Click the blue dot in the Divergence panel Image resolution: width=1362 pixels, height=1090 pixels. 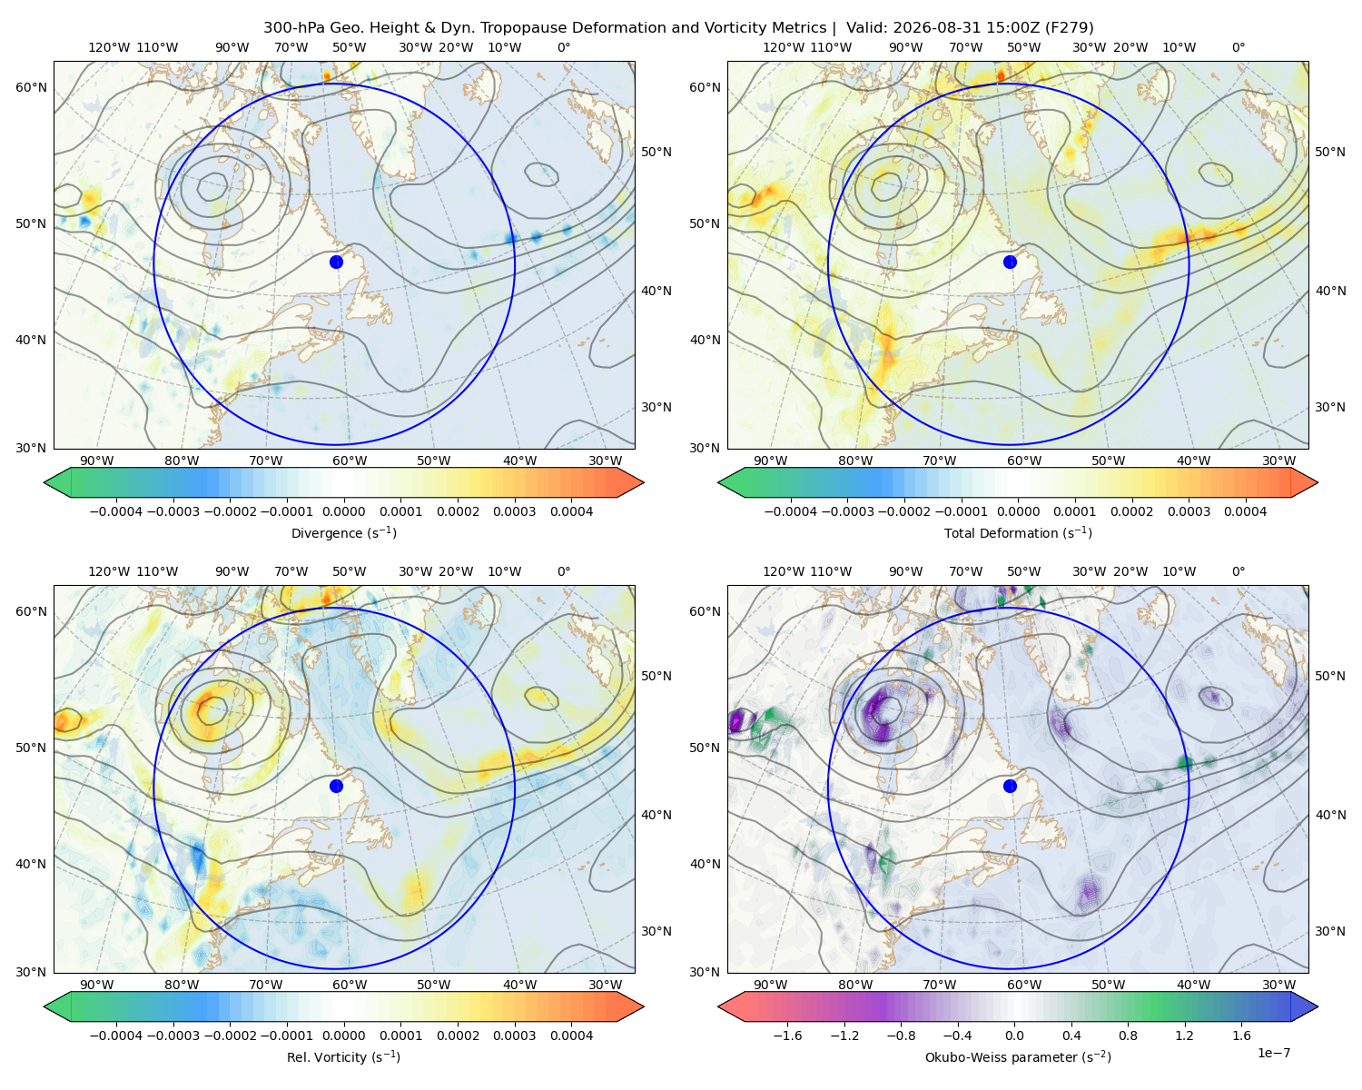tap(336, 262)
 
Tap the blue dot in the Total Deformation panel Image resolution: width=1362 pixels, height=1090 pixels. tap(1010, 262)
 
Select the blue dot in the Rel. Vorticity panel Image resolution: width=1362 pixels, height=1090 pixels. tap(336, 786)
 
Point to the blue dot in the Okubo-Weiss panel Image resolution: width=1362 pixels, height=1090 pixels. tap(1010, 786)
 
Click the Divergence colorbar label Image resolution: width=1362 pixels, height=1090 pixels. tap(343, 532)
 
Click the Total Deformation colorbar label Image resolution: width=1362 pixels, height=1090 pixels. tap(1018, 532)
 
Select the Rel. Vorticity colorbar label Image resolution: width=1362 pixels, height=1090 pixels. tap(343, 1057)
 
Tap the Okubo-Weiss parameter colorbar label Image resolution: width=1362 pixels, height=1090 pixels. tap(1018, 1057)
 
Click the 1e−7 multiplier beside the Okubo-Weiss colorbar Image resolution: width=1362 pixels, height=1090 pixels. tap(1273, 1053)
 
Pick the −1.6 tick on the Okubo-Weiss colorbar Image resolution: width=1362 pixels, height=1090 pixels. tap(787, 1035)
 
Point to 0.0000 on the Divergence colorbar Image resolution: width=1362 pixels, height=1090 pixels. tap(343, 511)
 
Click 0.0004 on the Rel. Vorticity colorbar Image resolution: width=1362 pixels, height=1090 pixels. tap(571, 1035)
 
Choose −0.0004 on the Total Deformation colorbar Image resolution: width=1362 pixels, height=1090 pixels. tap(790, 511)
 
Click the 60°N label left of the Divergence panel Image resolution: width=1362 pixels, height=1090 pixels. tap(31, 87)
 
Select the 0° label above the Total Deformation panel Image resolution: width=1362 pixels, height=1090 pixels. tap(1238, 47)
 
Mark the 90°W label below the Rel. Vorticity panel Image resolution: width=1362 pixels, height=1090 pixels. tap(97, 985)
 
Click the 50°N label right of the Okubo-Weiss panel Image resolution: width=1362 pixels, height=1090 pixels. tap(1329, 676)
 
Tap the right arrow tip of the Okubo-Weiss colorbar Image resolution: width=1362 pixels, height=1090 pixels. tap(1318, 1006)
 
